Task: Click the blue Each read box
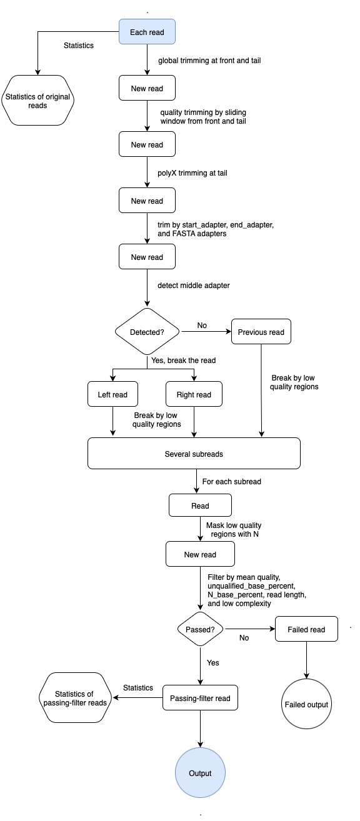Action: pos(147,32)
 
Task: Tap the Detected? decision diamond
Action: pos(147,332)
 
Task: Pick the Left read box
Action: pos(112,394)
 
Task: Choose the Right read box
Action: pos(194,394)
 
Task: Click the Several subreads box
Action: pos(194,454)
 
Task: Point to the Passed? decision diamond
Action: pos(201,629)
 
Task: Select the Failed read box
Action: pos(306,629)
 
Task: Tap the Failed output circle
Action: pos(306,704)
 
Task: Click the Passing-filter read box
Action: pos(200,697)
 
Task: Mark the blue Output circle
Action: pos(200,773)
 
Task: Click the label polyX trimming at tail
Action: pos(192,172)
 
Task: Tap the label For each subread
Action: pos(231,481)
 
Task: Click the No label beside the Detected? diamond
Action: pos(202,326)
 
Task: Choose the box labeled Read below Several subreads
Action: pos(200,505)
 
